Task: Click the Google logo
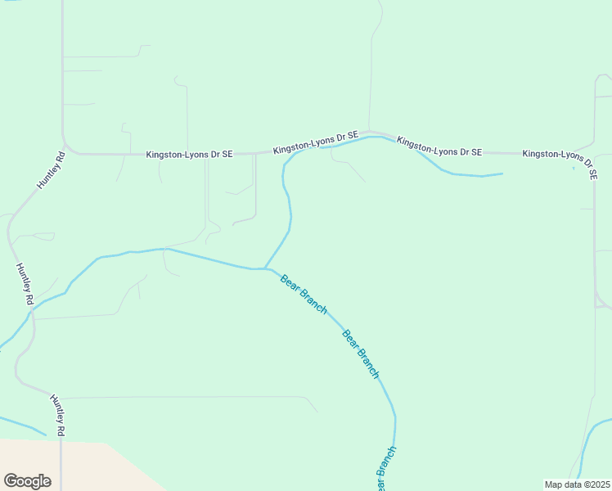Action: (x=27, y=481)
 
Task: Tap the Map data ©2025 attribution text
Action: (x=577, y=484)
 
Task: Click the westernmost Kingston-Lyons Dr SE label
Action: (x=190, y=154)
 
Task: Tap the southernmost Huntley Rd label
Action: (x=57, y=415)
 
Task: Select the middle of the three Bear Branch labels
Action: (x=361, y=353)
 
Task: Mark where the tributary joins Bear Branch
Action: (x=263, y=268)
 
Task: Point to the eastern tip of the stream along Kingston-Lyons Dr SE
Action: (x=501, y=173)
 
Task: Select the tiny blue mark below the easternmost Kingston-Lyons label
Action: (x=574, y=168)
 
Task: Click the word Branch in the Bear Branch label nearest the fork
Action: (x=314, y=302)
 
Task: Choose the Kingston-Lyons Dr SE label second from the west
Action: (x=316, y=143)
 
